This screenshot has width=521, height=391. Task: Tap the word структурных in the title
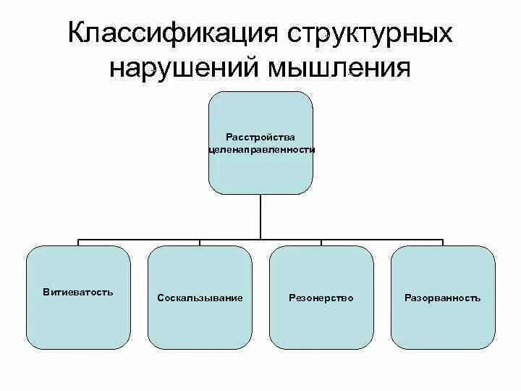coord(370,33)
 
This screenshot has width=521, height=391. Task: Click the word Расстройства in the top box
coord(260,137)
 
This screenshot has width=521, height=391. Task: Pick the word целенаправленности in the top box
coord(260,148)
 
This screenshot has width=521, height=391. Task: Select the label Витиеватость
coord(78,292)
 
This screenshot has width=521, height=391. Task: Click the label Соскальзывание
coord(200,298)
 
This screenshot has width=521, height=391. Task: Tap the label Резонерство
coord(321,298)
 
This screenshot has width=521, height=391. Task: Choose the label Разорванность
coord(443,298)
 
